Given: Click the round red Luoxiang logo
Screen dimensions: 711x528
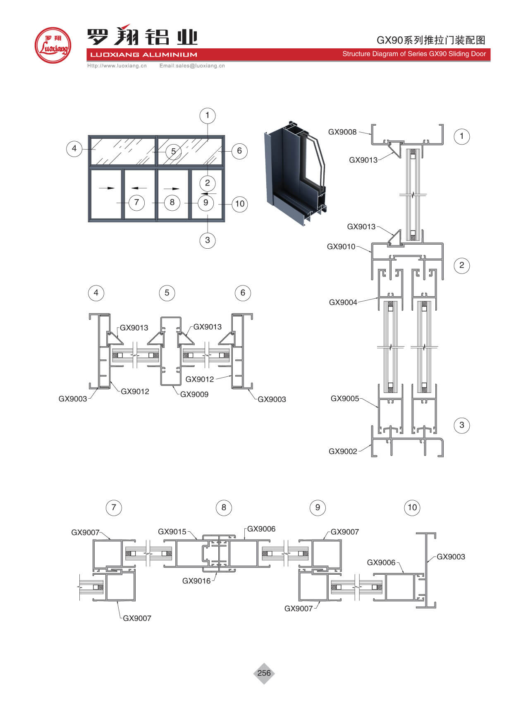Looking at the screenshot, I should (53, 45).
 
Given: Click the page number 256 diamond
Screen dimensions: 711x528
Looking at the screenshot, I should (264, 673).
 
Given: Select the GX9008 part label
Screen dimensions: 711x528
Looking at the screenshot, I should (342, 132).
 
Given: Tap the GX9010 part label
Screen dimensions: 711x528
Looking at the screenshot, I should (341, 247).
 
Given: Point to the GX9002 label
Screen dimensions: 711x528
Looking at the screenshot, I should (342, 452).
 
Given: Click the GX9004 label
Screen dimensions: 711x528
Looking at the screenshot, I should (343, 302).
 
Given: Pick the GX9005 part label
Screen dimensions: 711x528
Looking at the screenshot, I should (344, 399).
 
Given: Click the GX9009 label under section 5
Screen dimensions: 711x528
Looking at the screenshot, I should (194, 395).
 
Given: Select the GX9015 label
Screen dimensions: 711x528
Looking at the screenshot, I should (172, 532).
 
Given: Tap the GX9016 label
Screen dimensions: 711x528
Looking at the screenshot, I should (196, 581).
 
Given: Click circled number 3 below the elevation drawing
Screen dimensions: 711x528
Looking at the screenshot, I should (207, 240).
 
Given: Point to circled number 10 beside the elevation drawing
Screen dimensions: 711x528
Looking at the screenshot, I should (240, 204).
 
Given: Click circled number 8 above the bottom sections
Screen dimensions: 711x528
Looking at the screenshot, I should (224, 507).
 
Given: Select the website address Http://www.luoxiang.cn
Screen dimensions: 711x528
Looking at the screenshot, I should (117, 66).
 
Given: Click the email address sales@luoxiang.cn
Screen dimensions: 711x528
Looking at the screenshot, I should (192, 66).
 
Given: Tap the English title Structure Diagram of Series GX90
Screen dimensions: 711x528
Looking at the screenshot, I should (414, 54).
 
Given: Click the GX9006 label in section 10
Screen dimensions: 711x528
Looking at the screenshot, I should (381, 563).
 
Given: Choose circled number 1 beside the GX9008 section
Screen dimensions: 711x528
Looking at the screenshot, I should (461, 136).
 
